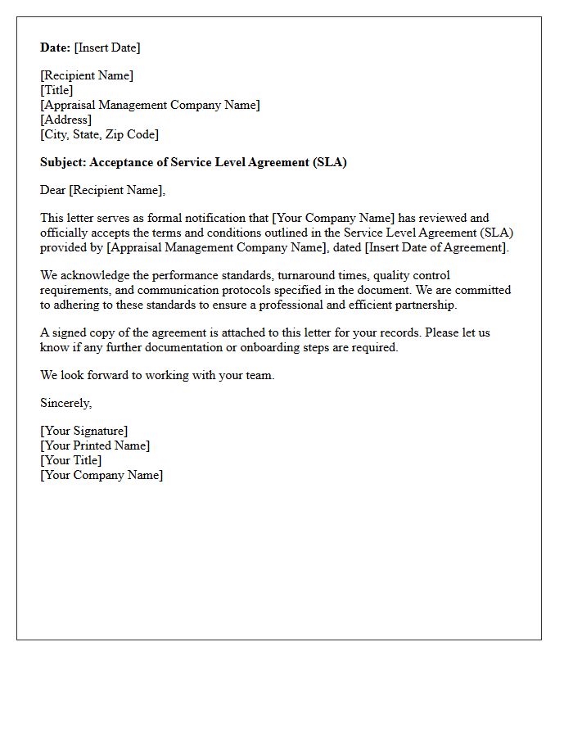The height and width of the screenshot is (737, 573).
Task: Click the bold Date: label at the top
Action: pos(56,47)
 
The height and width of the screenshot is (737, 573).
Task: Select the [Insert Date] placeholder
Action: pos(107,47)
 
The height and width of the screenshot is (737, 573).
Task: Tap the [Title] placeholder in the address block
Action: pos(56,90)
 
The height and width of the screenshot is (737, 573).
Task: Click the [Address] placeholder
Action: pos(65,120)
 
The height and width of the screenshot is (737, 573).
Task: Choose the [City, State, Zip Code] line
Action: pos(99,134)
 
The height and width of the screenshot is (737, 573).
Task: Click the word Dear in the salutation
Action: pos(53,190)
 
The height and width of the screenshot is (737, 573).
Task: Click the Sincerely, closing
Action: pos(66,403)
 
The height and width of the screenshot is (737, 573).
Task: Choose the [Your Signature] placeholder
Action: pos(83,431)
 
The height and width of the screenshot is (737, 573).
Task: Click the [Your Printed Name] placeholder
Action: pos(95,445)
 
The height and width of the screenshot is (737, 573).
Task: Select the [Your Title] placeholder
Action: pos(71,460)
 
